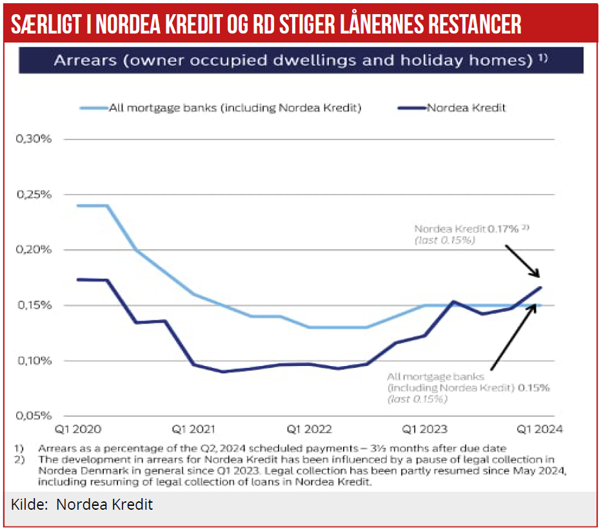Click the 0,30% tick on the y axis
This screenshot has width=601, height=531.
coord(28,139)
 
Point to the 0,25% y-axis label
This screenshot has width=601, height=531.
coord(28,195)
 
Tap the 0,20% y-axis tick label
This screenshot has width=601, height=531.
coord(28,250)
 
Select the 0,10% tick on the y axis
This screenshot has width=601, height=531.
coord(28,361)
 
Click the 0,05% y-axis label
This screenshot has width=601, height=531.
coord(28,416)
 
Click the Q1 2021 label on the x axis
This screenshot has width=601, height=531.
coord(193,429)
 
